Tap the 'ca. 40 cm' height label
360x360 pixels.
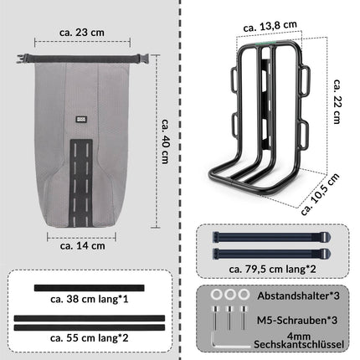click(x=166, y=149)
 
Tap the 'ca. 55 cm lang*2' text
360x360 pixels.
click(x=89, y=339)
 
